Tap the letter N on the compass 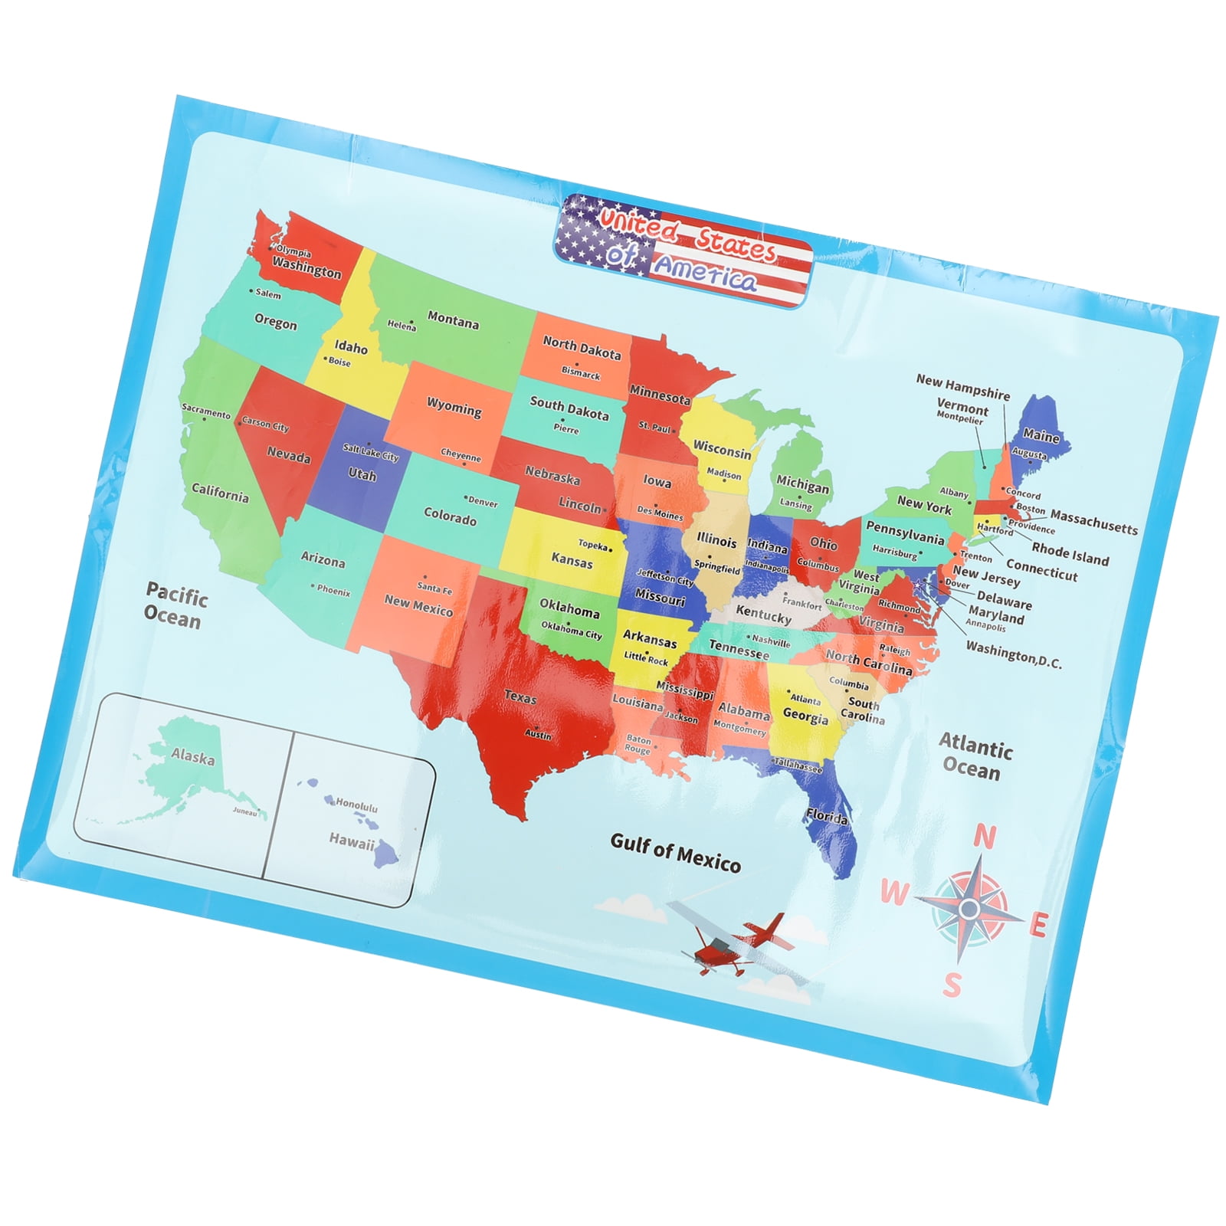coord(985,837)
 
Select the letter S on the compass coord(952,985)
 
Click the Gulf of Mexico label coord(675,853)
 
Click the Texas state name coord(520,697)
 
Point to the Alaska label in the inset coord(192,756)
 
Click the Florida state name coord(827,816)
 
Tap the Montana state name coord(453,320)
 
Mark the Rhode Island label coord(1070,553)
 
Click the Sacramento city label coord(205,411)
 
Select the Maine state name coord(1041,435)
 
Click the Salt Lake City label coord(371,452)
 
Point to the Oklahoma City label coord(571,630)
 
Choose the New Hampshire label coord(962,387)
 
